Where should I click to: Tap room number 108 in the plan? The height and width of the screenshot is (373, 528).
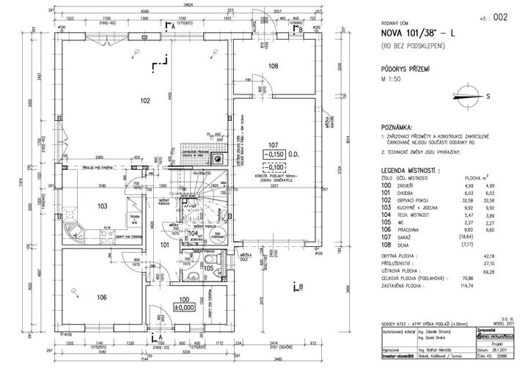274,66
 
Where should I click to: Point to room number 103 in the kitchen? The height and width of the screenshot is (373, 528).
102,207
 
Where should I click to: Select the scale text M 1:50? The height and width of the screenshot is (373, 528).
393,78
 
